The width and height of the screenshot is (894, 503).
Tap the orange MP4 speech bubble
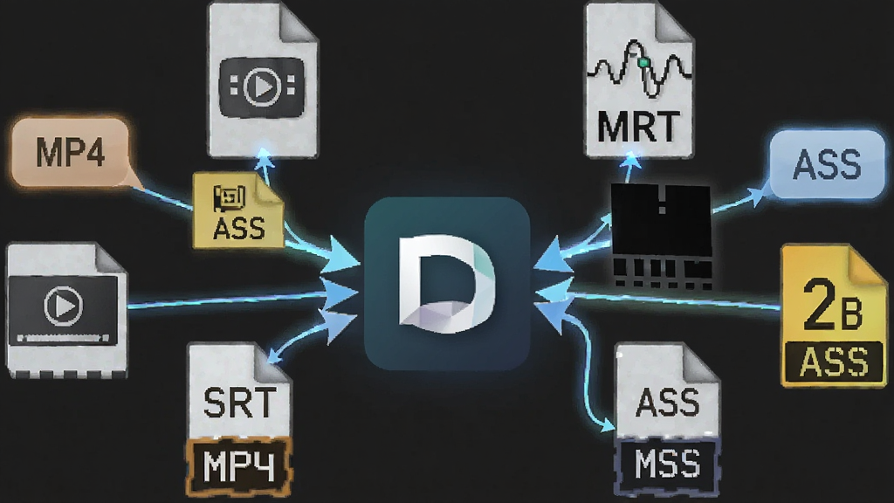70,152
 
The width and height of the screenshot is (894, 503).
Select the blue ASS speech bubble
827,164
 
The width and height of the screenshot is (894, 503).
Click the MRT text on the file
638,127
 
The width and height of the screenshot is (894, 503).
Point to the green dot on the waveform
644,62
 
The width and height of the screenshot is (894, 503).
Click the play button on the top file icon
262,86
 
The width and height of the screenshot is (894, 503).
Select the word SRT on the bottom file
239,403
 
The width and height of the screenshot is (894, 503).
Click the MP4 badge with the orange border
239,466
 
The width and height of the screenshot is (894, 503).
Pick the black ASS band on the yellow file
834,361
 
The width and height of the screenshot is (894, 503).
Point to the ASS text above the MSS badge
667,402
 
